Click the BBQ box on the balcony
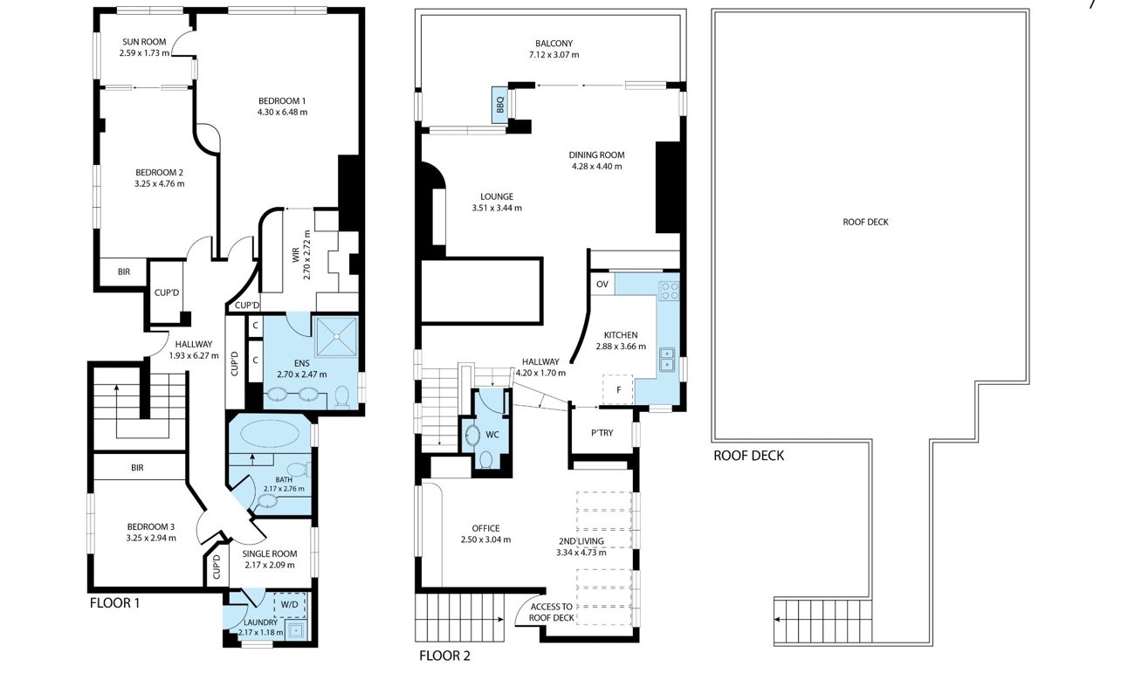coord(499,105)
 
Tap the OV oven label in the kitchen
coord(602,285)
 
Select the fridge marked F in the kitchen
coord(617,389)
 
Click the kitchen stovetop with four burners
coord(669,291)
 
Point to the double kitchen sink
coord(667,359)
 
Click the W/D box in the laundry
coord(290,604)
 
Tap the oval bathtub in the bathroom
coord(269,434)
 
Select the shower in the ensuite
coord(336,336)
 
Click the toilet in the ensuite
coord(342,396)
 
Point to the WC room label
coord(492,435)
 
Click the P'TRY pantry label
coord(602,433)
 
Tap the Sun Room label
coord(144,42)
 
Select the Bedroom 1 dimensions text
coord(282,112)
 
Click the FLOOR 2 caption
coord(445,656)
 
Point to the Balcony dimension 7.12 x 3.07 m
coord(554,55)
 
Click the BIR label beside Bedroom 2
coord(124,272)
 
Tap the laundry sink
coord(295,630)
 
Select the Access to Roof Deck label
coord(551,612)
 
